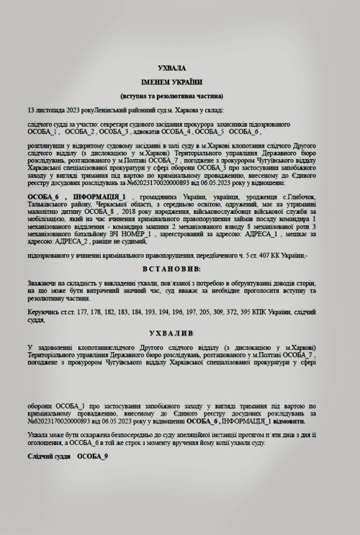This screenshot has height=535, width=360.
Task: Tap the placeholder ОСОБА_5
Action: (210, 132)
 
